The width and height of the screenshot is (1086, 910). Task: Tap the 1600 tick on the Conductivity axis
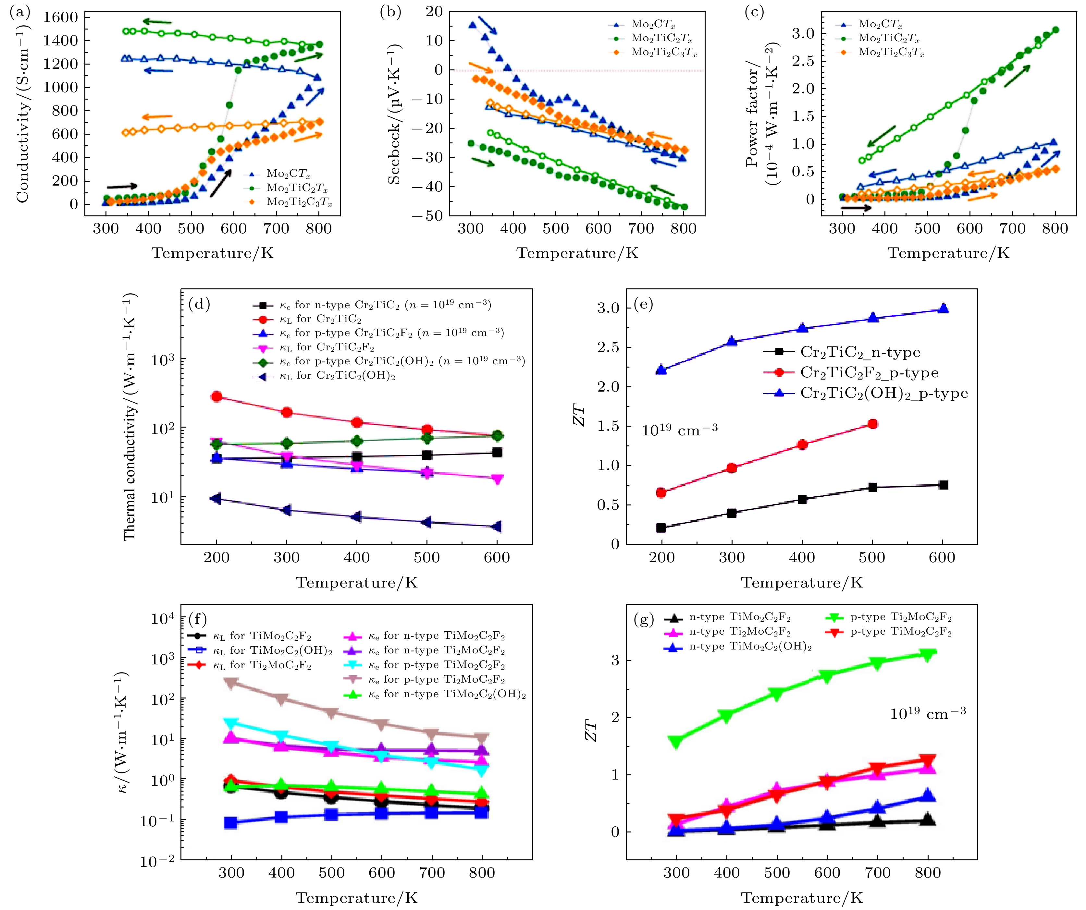(x=60, y=17)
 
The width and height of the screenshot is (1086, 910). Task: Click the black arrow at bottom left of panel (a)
(x=122, y=186)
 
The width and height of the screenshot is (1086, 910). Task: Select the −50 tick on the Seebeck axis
(x=427, y=216)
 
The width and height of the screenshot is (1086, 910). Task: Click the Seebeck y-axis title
(x=394, y=114)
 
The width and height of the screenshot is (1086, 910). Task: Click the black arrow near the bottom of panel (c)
(x=856, y=208)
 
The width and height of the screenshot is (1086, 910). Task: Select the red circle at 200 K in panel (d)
(x=217, y=396)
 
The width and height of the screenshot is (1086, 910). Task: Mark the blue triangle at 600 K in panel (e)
(x=943, y=309)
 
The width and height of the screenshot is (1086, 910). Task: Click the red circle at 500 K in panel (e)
(x=872, y=424)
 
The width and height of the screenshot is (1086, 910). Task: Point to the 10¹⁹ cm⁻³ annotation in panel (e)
(x=680, y=430)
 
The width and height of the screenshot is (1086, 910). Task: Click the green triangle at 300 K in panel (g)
(x=675, y=741)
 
